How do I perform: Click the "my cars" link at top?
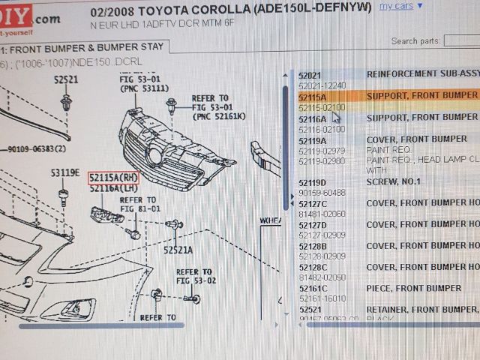pos(396,6)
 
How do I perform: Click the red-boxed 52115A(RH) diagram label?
pos(113,177)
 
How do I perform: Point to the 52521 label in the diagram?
pos(65,79)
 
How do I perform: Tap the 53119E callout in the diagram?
pos(64,173)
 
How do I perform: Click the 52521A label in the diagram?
pos(178,250)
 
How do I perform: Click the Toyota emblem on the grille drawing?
pos(155,157)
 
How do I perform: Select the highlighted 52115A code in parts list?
pos(312,97)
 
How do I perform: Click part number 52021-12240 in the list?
pos(322,85)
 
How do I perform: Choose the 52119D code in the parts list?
pos(312,182)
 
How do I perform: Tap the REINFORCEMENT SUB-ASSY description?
pos(421,75)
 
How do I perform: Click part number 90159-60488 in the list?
pos(322,193)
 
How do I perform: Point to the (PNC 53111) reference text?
pos(144,88)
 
